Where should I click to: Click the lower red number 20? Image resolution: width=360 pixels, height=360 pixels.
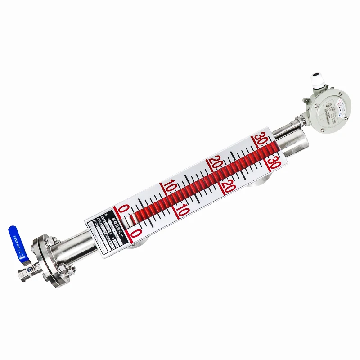pos(228,185)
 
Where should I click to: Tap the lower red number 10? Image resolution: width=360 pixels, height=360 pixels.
pos(183,209)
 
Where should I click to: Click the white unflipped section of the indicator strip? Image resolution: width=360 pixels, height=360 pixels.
pos(130,221)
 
